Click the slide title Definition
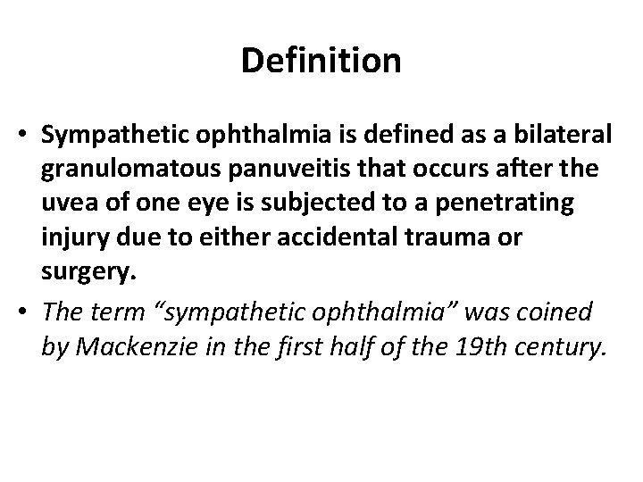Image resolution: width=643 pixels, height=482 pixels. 321,62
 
